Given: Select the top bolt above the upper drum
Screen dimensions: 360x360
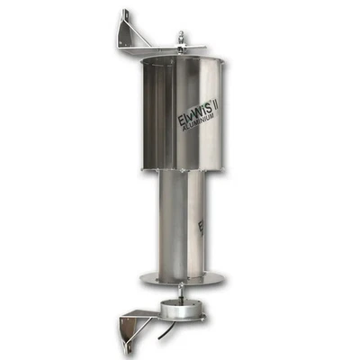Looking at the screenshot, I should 181,39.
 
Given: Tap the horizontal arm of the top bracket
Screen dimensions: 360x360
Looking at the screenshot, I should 162,50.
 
